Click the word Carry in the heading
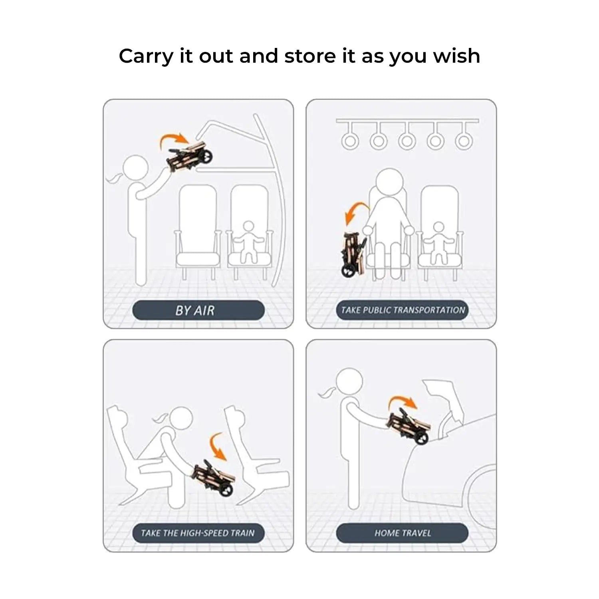146,56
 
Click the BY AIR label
195,310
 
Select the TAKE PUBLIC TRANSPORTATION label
403,310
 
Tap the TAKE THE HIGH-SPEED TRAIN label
198,533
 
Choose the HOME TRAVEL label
403,533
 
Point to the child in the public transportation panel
438,242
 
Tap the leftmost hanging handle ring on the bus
350,141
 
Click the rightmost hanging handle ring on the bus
464,141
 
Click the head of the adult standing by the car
349,382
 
